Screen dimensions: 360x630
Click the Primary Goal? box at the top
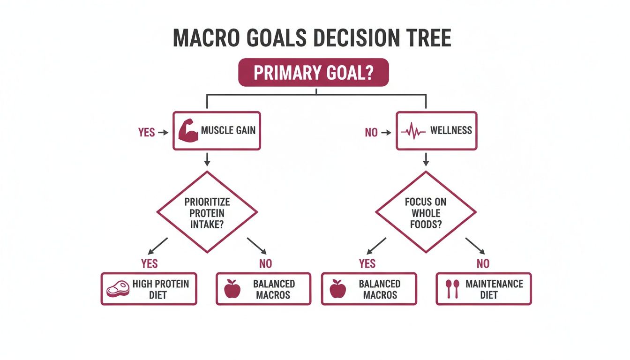click(314, 73)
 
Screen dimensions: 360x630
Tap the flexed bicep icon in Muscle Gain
click(189, 131)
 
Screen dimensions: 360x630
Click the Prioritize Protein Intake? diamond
click(207, 212)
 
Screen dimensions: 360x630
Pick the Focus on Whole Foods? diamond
click(426, 212)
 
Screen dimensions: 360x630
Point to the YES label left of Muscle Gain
click(147, 133)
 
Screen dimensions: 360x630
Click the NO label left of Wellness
click(371, 133)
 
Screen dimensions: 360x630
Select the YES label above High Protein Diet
click(150, 263)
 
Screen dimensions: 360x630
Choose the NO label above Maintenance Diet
click(483, 263)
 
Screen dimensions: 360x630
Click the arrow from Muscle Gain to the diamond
click(207, 159)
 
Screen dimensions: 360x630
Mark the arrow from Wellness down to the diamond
click(426, 159)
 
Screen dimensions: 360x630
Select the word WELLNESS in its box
click(451, 130)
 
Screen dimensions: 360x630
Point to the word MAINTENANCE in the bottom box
click(494, 284)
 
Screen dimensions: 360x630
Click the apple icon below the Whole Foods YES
click(337, 289)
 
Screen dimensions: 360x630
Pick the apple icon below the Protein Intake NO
click(232, 289)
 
